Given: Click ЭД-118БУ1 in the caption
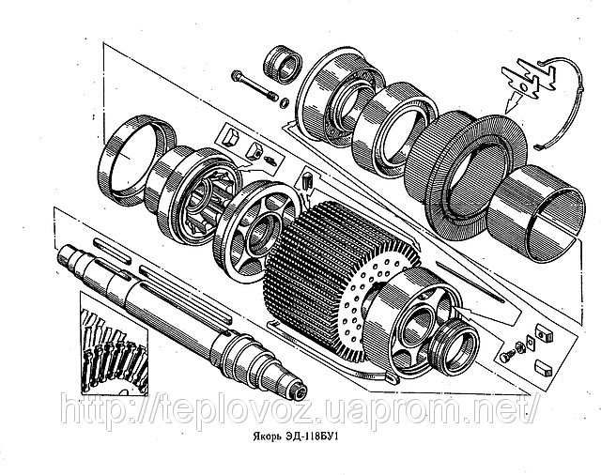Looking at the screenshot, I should [314, 437].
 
